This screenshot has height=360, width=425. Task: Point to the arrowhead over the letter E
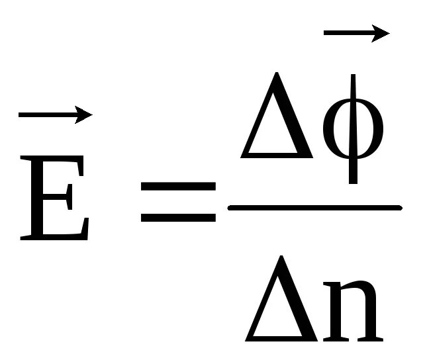(83, 115)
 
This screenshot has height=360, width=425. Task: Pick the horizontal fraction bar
(314, 208)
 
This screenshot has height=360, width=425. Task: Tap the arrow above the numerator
(354, 33)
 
